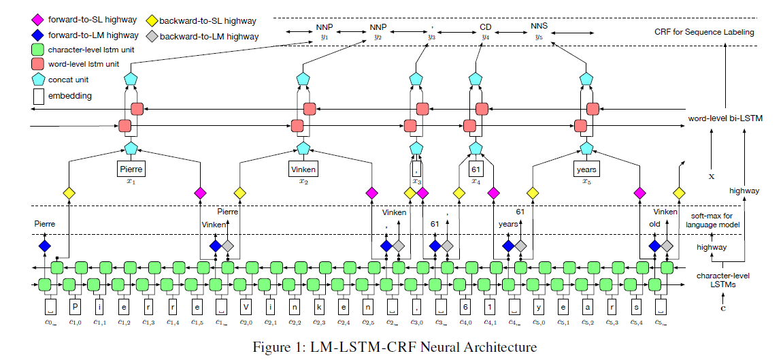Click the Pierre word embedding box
click(131, 169)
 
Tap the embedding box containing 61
click(476, 169)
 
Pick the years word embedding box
click(585, 169)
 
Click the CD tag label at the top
click(485, 28)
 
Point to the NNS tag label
click(539, 28)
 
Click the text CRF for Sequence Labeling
click(703, 32)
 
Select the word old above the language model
click(654, 223)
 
